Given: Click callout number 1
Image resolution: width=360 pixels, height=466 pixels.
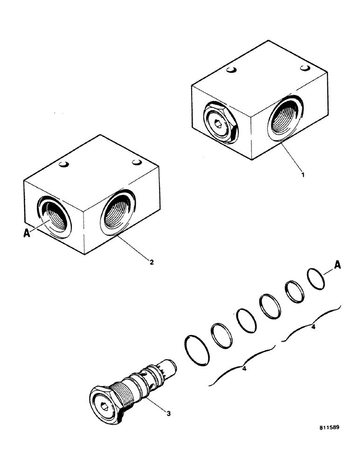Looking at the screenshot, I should coord(303,175).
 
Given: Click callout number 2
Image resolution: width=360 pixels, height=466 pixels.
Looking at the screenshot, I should coord(152,261).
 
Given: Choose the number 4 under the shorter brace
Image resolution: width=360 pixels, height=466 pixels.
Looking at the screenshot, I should coord(313,328).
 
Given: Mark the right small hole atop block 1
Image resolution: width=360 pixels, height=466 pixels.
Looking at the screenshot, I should coord(305,69).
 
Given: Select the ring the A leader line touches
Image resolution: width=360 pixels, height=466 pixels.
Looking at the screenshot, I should coord(316,278).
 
